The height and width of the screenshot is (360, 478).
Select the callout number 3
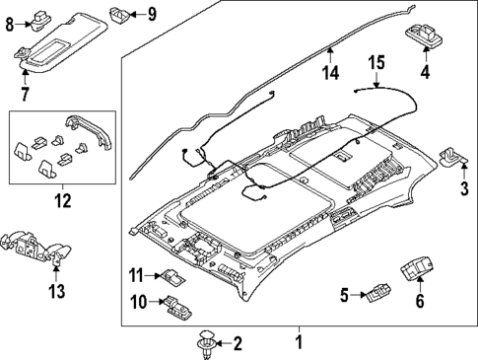coord(463,186)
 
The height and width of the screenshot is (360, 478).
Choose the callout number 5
coord(343,293)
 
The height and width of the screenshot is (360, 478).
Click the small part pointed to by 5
coord(377,293)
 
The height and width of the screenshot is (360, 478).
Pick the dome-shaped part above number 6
coord(415,266)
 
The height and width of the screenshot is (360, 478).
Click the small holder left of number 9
coord(117,14)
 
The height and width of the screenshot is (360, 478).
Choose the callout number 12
coord(62,202)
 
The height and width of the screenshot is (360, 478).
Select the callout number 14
coord(332,71)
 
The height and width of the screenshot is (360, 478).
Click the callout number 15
coord(376,64)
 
